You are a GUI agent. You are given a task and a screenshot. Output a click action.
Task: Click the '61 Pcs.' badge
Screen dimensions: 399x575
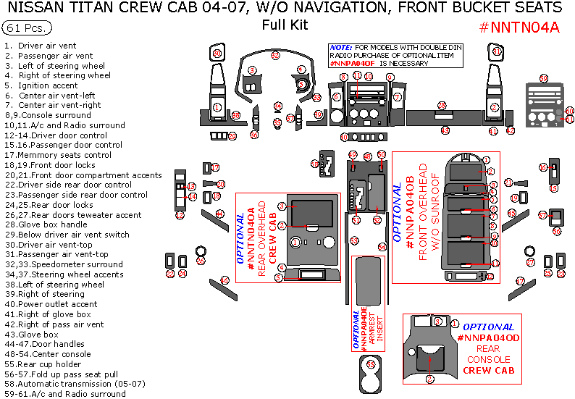(x=27, y=28)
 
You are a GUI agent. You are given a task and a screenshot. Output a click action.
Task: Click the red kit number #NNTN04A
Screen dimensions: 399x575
(x=519, y=28)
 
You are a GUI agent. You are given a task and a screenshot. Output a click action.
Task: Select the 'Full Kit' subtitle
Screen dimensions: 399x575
(x=285, y=25)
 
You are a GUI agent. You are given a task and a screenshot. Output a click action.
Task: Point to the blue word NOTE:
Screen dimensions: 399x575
(x=340, y=46)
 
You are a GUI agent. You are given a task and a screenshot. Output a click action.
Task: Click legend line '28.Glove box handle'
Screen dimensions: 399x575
(x=56, y=224)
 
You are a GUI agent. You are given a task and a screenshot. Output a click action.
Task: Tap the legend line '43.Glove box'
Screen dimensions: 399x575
(x=41, y=335)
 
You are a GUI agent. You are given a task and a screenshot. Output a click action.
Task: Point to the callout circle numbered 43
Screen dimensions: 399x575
(x=445, y=130)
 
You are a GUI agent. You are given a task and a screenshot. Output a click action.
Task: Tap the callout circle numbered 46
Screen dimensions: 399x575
(x=224, y=280)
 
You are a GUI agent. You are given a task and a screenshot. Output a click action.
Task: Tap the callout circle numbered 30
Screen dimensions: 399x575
(x=217, y=54)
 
